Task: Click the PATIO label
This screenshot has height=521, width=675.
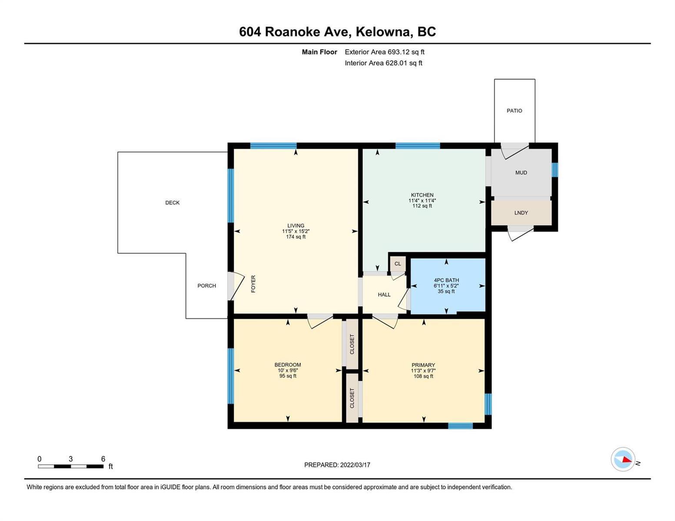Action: tap(514, 110)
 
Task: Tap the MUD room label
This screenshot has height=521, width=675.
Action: tap(521, 172)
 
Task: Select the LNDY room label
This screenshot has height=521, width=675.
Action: tap(521, 213)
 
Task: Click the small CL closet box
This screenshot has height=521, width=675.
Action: tap(398, 264)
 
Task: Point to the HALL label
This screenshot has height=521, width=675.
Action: tap(384, 294)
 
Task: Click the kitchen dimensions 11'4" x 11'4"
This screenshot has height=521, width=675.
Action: tap(422, 201)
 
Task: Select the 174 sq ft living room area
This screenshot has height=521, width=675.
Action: tap(296, 237)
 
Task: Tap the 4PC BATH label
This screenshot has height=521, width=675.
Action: tap(446, 280)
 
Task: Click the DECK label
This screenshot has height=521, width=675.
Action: tap(172, 203)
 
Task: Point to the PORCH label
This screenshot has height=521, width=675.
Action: tap(206, 286)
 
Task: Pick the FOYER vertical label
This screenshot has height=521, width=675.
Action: tap(253, 284)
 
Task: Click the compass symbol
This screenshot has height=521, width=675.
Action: tap(622, 459)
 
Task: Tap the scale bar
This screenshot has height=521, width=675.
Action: tap(71, 466)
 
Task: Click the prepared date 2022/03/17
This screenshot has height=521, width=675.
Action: tap(355, 465)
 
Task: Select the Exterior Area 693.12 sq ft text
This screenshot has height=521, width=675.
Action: tap(384, 52)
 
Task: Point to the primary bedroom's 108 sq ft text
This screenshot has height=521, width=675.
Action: tap(423, 376)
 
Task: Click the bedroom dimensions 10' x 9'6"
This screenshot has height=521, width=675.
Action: tap(288, 370)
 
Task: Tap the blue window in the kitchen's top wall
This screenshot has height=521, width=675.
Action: tap(418, 145)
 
